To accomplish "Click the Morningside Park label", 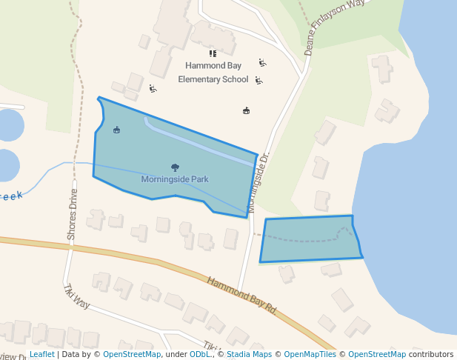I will click(x=175, y=179).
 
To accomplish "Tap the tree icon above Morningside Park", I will click(x=175, y=167).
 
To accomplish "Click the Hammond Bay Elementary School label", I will click(x=213, y=73).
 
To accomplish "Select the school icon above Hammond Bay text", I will click(x=213, y=53).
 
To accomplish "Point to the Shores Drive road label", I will click(x=72, y=213).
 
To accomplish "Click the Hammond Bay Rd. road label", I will click(x=241, y=296).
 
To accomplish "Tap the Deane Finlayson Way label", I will click(x=335, y=28).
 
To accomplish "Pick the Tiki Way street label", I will click(x=76, y=296).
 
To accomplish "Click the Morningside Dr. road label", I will click(x=258, y=183).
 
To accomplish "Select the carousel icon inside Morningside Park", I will click(x=116, y=130).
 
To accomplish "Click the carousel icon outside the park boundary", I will click(x=247, y=111).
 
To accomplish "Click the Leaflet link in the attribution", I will click(x=42, y=355).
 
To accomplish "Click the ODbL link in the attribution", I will click(x=200, y=355).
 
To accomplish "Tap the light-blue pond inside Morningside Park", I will click(x=200, y=141).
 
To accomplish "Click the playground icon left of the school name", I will click(x=153, y=89).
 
